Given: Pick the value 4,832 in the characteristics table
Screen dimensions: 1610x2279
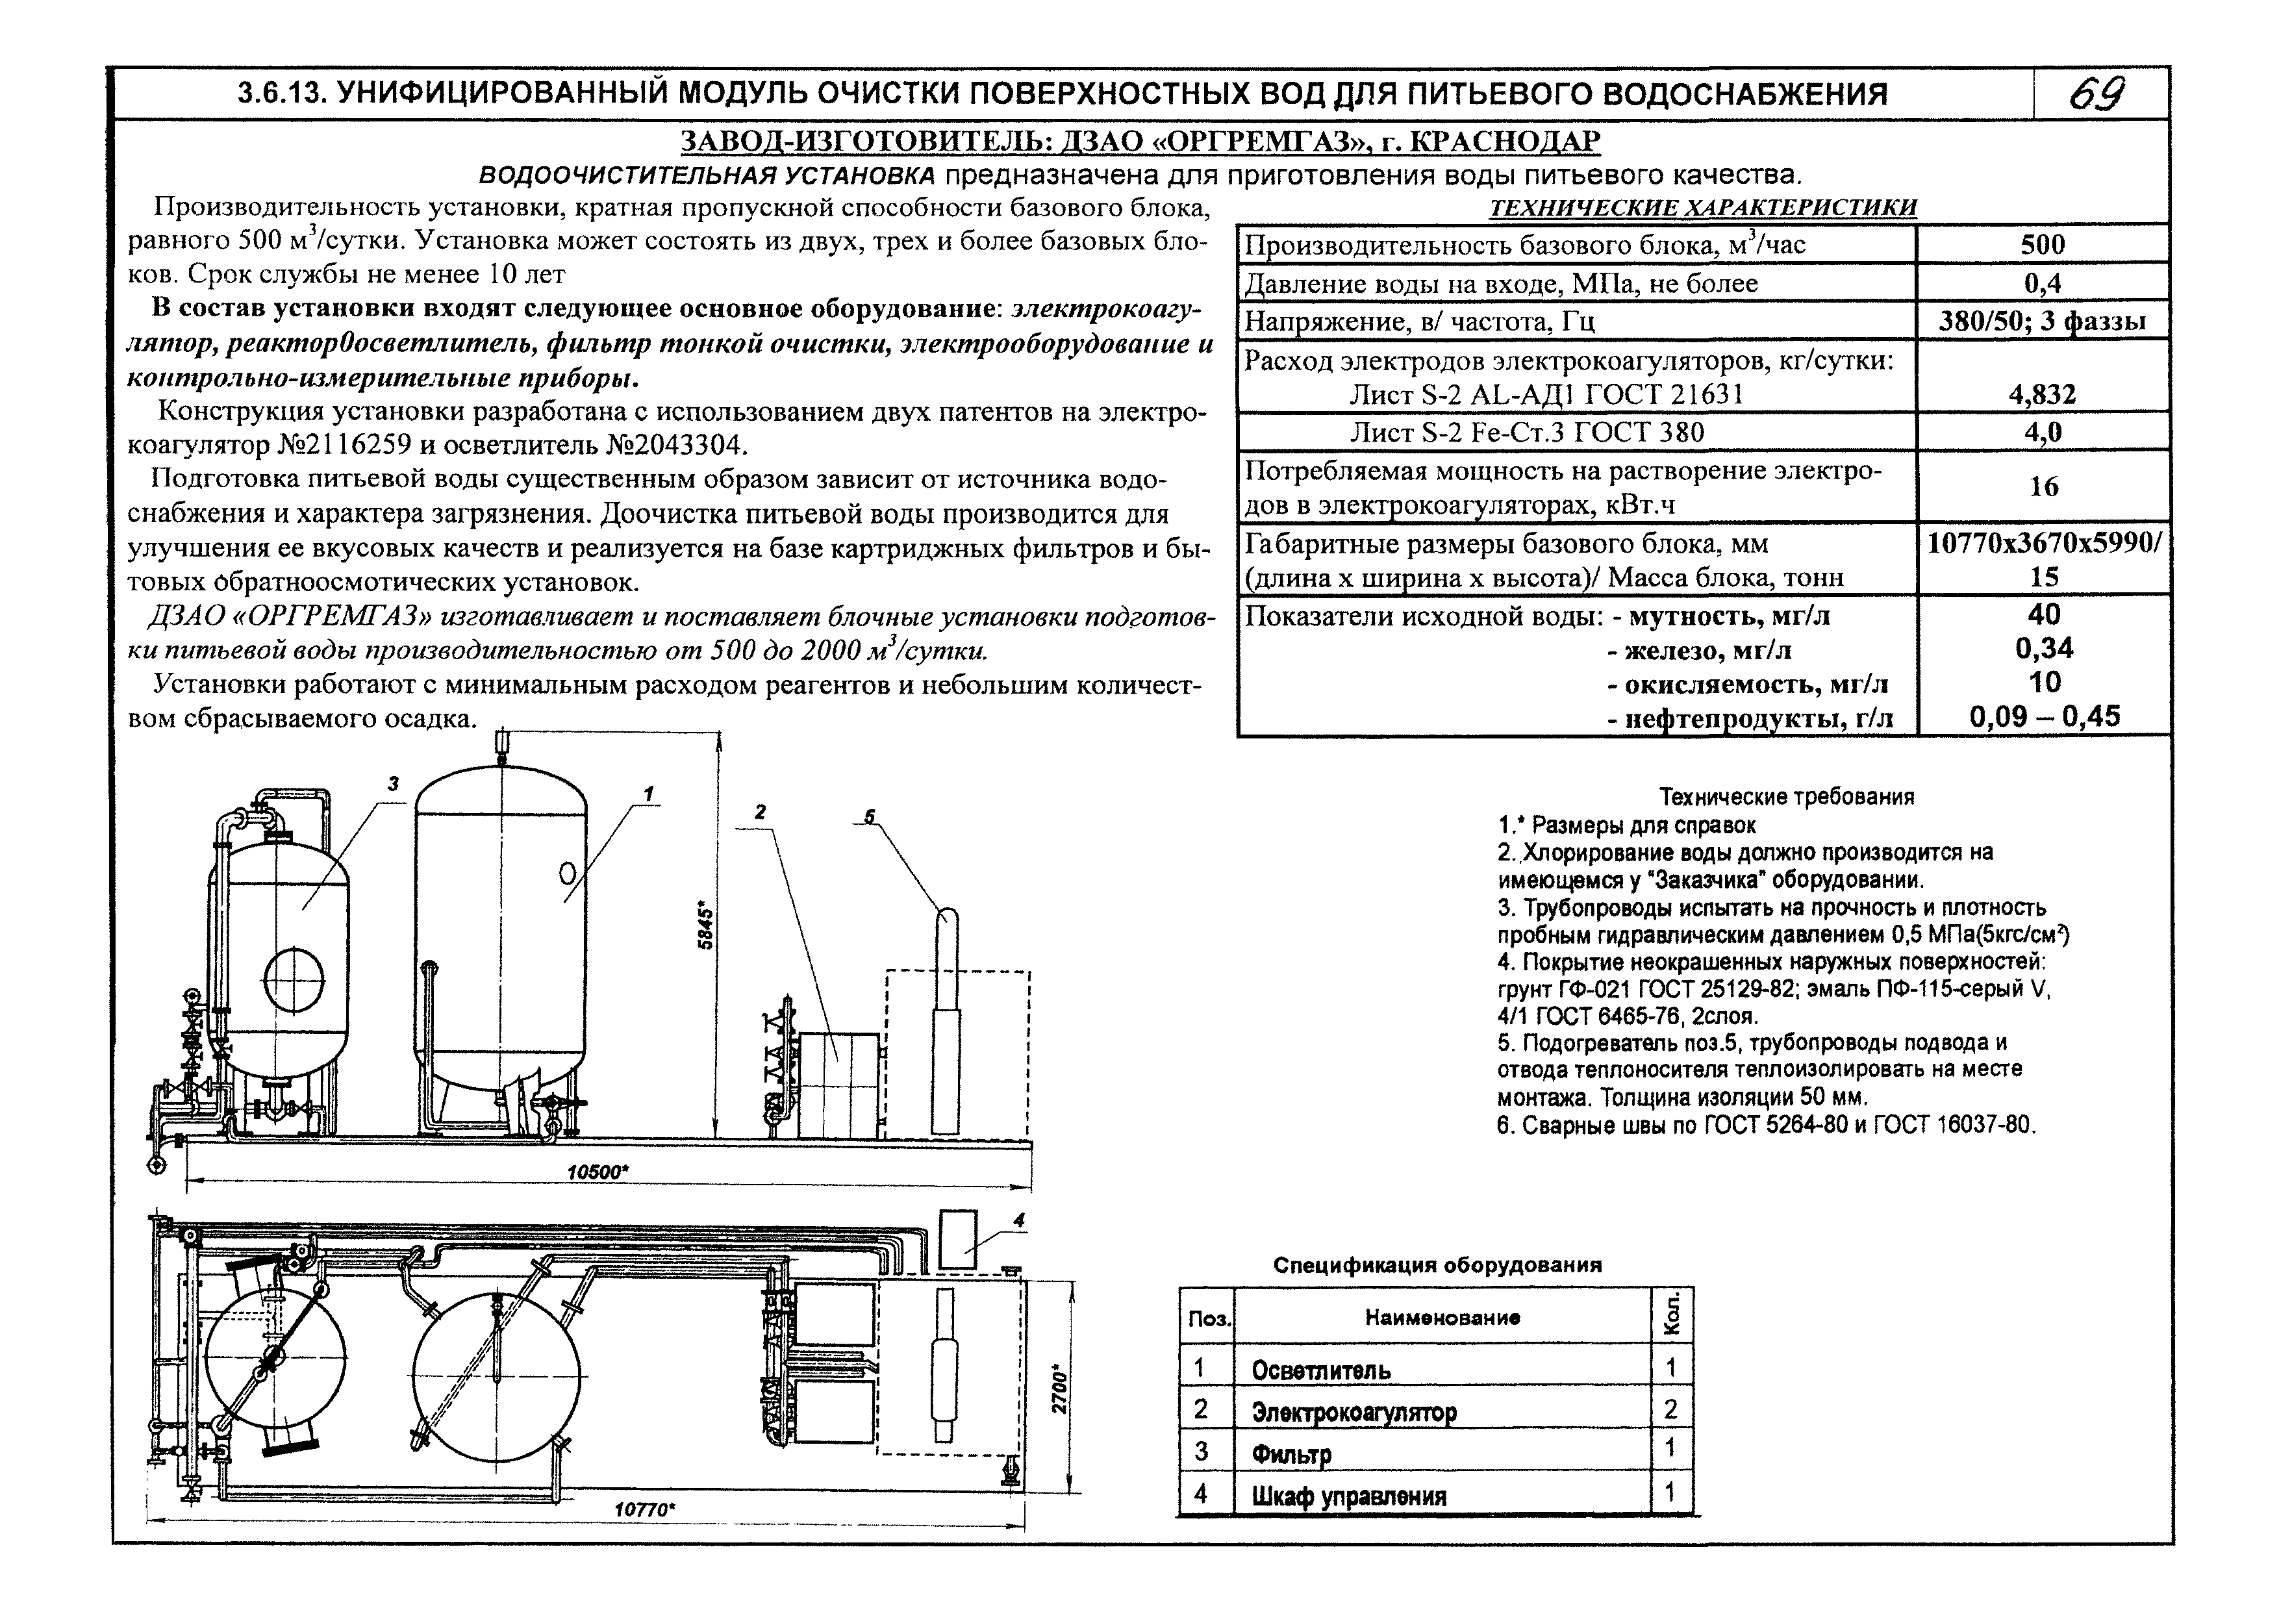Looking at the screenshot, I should pos(2042,395).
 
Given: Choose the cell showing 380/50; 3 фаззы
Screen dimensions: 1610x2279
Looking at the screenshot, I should pos(2042,321).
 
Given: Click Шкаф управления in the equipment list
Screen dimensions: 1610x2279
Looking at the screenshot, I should pos(1348,1496).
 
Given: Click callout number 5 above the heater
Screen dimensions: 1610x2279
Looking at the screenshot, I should pos(870,816).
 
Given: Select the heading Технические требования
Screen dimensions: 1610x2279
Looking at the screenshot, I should pos(1787,797).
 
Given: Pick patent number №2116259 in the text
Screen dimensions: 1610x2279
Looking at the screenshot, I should pos(361,444).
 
